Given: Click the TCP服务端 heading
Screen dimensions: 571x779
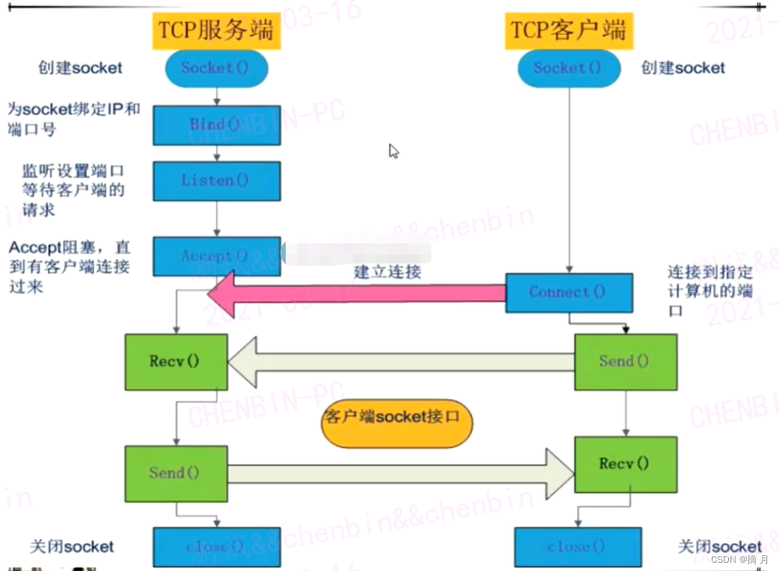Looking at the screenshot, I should tap(216, 31).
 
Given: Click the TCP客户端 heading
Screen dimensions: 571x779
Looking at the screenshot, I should tap(569, 31).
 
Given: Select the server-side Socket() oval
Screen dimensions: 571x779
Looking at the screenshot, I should tap(216, 68).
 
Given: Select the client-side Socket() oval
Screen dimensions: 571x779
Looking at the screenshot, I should tap(568, 68).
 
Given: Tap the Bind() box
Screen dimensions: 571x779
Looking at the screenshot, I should tap(216, 125).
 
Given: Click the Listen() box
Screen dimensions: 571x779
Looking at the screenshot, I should tap(216, 181).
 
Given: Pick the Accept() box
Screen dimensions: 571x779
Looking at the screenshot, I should tap(216, 256).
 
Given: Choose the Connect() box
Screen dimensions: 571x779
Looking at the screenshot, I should tap(569, 292).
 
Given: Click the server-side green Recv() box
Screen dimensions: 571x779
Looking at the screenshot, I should tap(175, 361).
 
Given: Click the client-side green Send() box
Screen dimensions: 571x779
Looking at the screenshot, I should tap(625, 361).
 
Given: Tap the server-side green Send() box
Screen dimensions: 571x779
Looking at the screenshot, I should tap(175, 472).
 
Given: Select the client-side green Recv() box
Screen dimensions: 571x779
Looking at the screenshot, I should tap(625, 464).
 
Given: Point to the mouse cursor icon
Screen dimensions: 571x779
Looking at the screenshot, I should tap(393, 151).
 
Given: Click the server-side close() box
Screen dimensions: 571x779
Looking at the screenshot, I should tap(216, 547).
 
